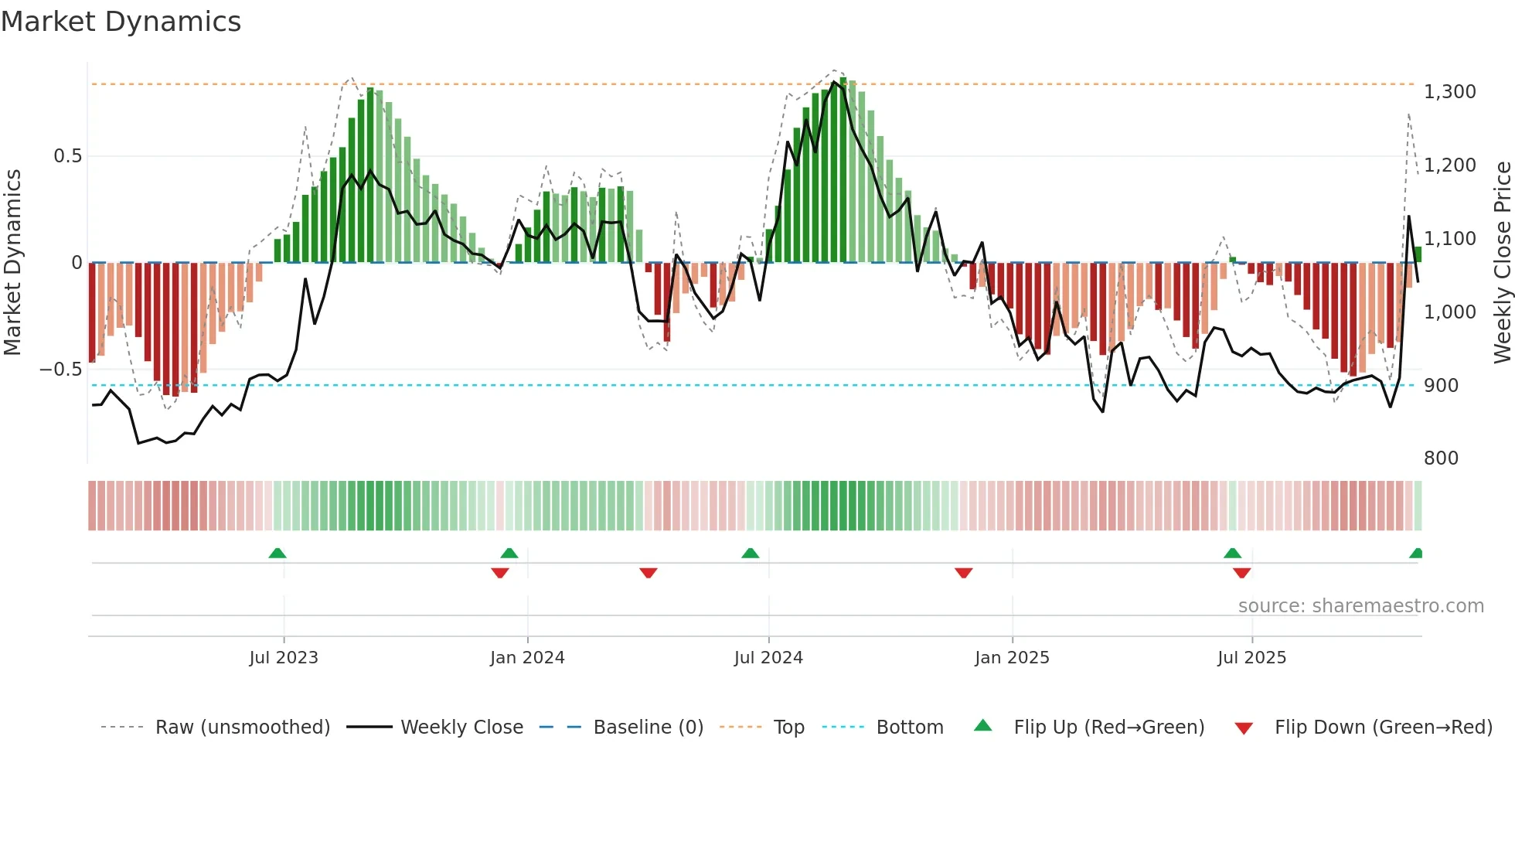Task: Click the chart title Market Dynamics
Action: click(x=121, y=22)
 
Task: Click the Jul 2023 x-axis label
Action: click(x=284, y=658)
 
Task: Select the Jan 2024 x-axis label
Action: click(x=527, y=658)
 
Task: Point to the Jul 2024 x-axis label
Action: click(x=768, y=658)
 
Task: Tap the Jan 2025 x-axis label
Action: click(x=1012, y=658)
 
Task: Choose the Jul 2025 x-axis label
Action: click(x=1251, y=658)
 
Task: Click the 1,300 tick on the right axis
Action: click(x=1450, y=92)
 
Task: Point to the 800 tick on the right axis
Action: click(x=1441, y=458)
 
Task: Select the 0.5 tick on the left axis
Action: click(x=67, y=156)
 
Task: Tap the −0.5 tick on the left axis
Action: click(x=60, y=370)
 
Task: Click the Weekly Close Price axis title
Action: click(x=1503, y=261)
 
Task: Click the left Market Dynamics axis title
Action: click(x=12, y=261)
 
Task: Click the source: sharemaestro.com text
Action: click(x=1360, y=606)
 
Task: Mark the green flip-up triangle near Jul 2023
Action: click(x=277, y=553)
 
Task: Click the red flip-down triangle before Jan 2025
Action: click(x=963, y=573)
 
